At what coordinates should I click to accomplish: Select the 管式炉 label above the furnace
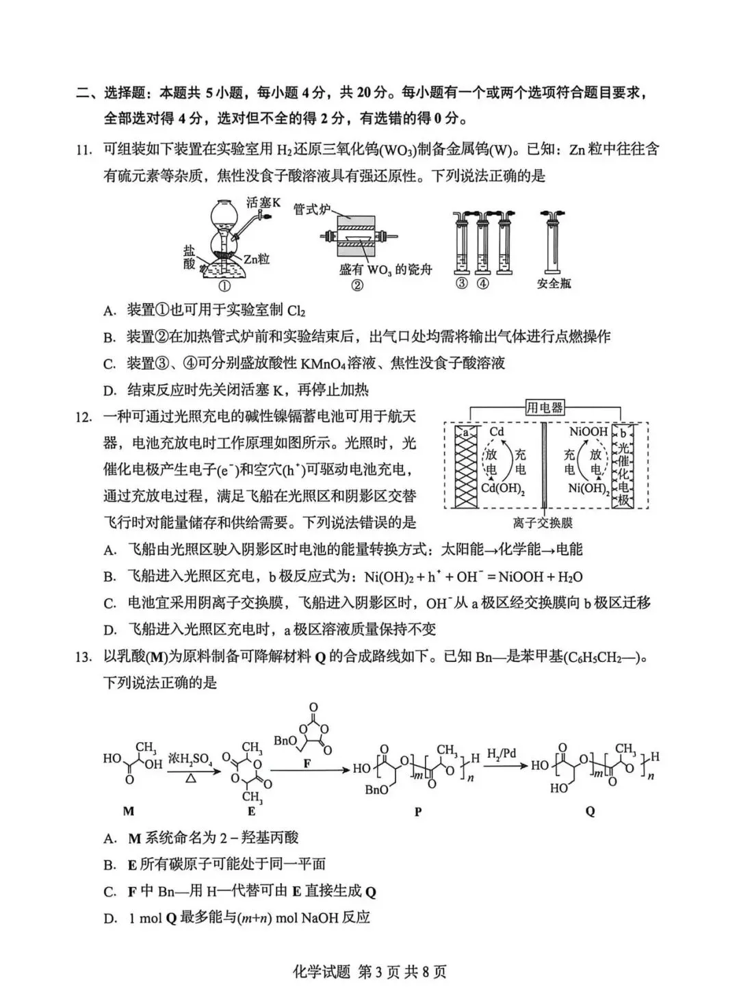coord(311,208)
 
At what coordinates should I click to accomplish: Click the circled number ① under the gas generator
coord(223,286)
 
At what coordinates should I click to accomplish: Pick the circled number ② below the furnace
coord(356,286)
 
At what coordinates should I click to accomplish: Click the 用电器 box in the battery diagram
coord(545,408)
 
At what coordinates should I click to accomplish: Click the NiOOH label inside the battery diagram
coord(588,432)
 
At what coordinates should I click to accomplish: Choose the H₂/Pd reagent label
coord(501,754)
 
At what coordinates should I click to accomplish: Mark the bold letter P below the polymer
coord(418,812)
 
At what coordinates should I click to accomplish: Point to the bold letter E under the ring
coord(251,811)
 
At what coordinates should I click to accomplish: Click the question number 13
coord(83,657)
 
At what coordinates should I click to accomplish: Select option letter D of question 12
coord(109,630)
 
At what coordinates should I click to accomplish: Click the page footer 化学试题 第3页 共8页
coord(369,972)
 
